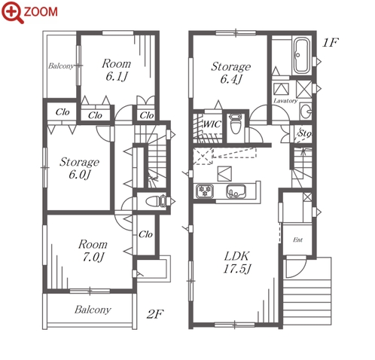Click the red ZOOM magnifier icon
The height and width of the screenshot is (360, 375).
coord(13,12)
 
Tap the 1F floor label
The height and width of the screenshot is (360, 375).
coord(331,43)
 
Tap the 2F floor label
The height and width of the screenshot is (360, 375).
coord(155,314)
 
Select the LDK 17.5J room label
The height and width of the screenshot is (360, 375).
coord(237,263)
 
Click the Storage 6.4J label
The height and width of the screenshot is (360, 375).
coord(231,73)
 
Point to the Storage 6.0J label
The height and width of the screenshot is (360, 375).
coord(79,168)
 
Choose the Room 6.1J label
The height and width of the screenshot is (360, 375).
coord(117,70)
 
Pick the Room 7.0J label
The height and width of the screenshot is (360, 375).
coord(93,251)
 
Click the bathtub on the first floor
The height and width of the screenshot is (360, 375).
coord(301,56)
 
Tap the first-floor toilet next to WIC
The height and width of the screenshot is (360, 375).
coord(236,124)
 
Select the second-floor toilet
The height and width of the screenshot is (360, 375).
coord(156,201)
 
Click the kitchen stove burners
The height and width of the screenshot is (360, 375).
coord(205,191)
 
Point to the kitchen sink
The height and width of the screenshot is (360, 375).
coord(236,191)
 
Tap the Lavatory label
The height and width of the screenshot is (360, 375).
coord(285,101)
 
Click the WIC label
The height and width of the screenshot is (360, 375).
coord(212,124)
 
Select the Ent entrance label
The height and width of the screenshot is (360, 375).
coord(297,239)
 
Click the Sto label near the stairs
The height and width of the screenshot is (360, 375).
coord(304,133)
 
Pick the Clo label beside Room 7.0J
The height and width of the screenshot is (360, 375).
coord(145,234)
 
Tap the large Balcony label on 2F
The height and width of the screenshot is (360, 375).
coord(93,310)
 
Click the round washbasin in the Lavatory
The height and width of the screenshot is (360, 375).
coord(306,111)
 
